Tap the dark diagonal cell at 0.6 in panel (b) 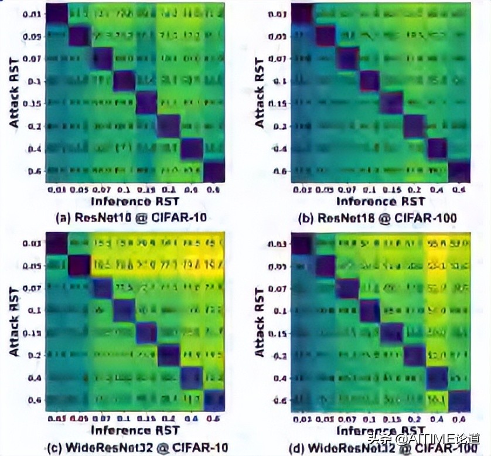(x=460, y=171)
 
